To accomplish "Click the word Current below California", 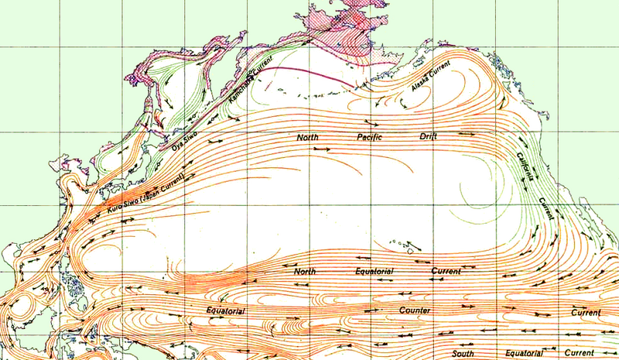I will click(548, 207).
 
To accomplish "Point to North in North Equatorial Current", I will click(306, 272).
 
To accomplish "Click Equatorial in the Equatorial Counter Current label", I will click(226, 311).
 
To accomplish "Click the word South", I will click(463, 353).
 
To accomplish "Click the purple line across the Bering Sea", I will click(303, 73).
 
